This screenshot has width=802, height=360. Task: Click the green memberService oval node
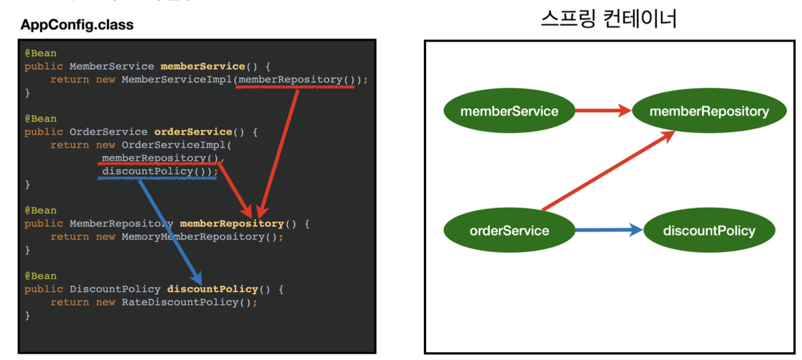(x=509, y=111)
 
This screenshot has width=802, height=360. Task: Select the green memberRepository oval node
(x=709, y=111)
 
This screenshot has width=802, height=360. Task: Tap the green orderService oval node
(x=509, y=231)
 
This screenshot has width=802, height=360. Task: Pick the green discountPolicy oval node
(x=709, y=231)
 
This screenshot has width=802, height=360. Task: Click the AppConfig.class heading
(x=77, y=25)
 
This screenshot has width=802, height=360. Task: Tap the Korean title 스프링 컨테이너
(x=609, y=20)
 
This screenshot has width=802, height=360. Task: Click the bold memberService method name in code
(x=202, y=66)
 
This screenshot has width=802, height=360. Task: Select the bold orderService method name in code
(x=193, y=132)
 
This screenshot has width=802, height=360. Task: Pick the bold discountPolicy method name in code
(x=212, y=289)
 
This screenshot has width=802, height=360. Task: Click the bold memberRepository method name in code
(x=232, y=224)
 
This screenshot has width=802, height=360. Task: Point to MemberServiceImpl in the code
(x=177, y=79)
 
